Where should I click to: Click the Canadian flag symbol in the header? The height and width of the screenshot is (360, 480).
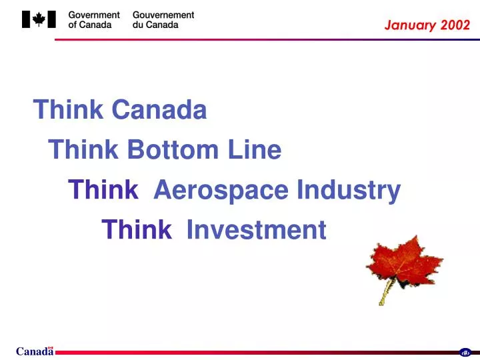tap(39, 20)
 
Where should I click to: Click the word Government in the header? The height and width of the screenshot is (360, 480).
tap(94, 15)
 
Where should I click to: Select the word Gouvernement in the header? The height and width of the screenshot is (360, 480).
tap(163, 15)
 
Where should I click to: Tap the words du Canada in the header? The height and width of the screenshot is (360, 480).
tap(155, 25)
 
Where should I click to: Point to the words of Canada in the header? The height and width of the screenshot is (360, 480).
tap(90, 25)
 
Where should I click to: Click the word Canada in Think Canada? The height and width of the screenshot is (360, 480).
tap(159, 110)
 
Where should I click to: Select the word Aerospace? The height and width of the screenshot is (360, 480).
tap(221, 191)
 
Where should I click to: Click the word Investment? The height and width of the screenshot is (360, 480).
tap(256, 230)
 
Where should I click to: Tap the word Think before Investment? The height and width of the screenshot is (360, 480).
tap(137, 230)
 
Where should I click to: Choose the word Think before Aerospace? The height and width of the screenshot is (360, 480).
tap(103, 191)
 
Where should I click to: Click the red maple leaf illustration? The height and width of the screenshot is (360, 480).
tap(403, 262)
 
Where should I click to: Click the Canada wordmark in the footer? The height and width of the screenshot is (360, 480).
tap(35, 352)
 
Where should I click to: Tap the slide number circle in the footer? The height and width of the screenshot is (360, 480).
tap(465, 353)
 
